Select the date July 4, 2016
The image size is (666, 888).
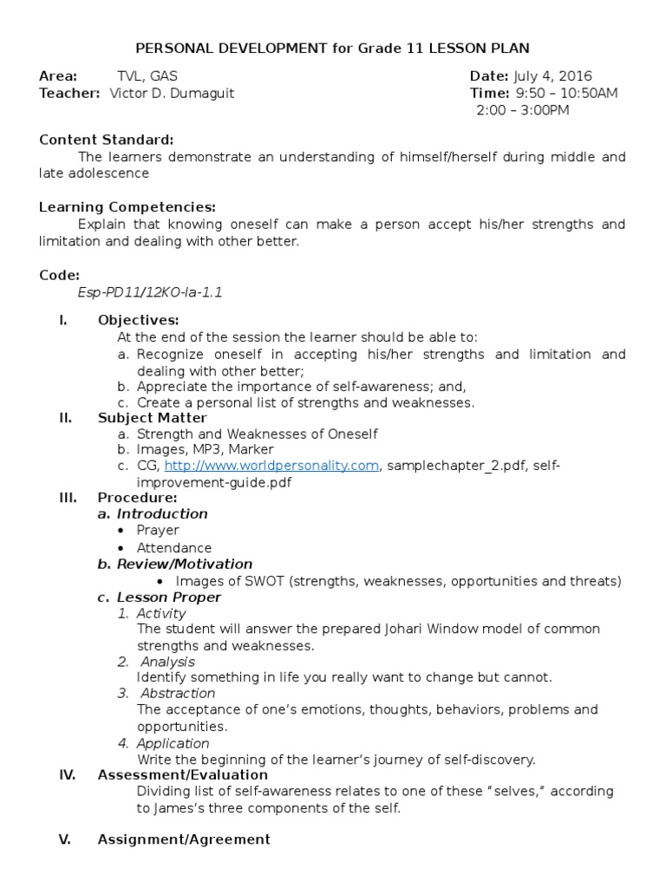point(554,76)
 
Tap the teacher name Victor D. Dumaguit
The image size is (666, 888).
point(172,94)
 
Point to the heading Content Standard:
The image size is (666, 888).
point(107,140)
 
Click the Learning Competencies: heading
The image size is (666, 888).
point(127,207)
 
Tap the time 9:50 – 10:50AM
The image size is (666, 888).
point(567,94)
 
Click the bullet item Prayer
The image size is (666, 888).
point(158,530)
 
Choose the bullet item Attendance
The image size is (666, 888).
point(173,548)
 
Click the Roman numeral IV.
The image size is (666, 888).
point(68,774)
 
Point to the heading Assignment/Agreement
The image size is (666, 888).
point(184,839)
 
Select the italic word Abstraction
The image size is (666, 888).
point(178,693)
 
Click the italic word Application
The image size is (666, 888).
point(173,743)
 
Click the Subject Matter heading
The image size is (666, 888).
point(153,418)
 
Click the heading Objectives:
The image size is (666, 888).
point(139,320)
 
